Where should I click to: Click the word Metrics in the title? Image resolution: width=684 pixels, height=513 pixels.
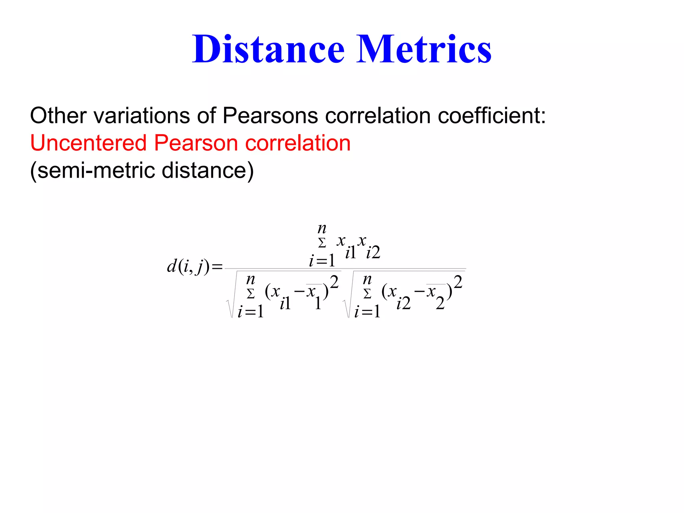click(424, 49)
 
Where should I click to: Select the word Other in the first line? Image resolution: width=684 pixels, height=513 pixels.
click(58, 116)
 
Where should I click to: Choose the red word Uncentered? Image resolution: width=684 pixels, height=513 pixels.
click(88, 143)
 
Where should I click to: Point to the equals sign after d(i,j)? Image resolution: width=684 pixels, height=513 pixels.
click(217, 267)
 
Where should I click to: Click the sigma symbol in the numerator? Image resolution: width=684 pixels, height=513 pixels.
click(322, 243)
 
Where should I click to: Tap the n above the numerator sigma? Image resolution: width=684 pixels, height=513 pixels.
click(322, 229)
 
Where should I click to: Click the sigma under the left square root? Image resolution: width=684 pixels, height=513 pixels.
click(250, 294)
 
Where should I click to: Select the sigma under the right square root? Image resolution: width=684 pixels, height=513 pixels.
click(367, 294)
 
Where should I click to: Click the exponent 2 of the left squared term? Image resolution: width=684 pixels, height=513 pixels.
click(334, 282)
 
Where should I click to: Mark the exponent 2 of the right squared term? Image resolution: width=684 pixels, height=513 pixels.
click(458, 282)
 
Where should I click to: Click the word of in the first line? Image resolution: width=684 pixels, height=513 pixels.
click(206, 116)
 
